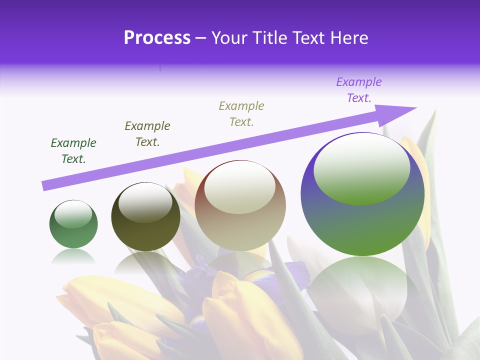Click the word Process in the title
[x=157, y=38]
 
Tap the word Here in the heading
[x=347, y=38]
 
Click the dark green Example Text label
[x=73, y=151]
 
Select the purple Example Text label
[x=359, y=90]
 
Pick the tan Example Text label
[x=241, y=114]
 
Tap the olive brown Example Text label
[x=147, y=134]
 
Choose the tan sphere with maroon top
[x=240, y=225]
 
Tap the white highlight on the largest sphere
[x=361, y=167]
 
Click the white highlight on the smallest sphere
[x=73, y=214]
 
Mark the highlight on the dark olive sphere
[x=145, y=202]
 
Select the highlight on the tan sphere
[x=240, y=187]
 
